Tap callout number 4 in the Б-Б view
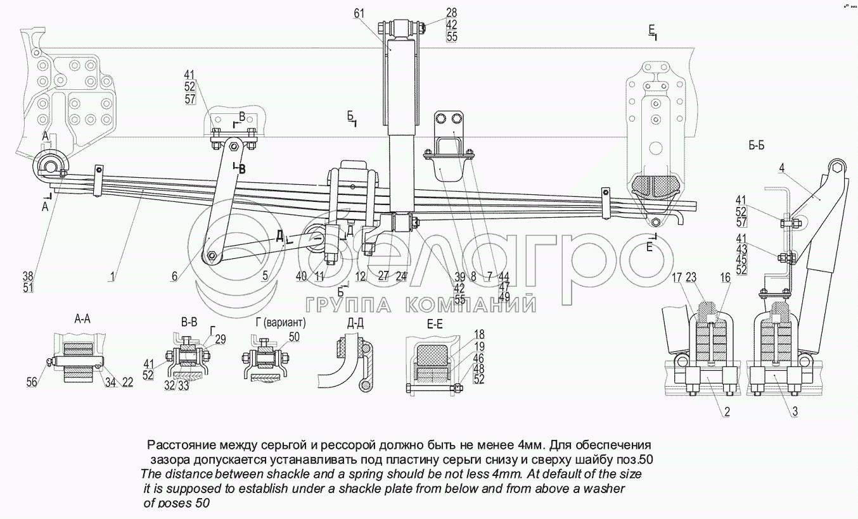tap(781, 168)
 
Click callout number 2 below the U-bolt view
tap(727, 412)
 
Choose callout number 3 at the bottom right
tap(795, 412)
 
